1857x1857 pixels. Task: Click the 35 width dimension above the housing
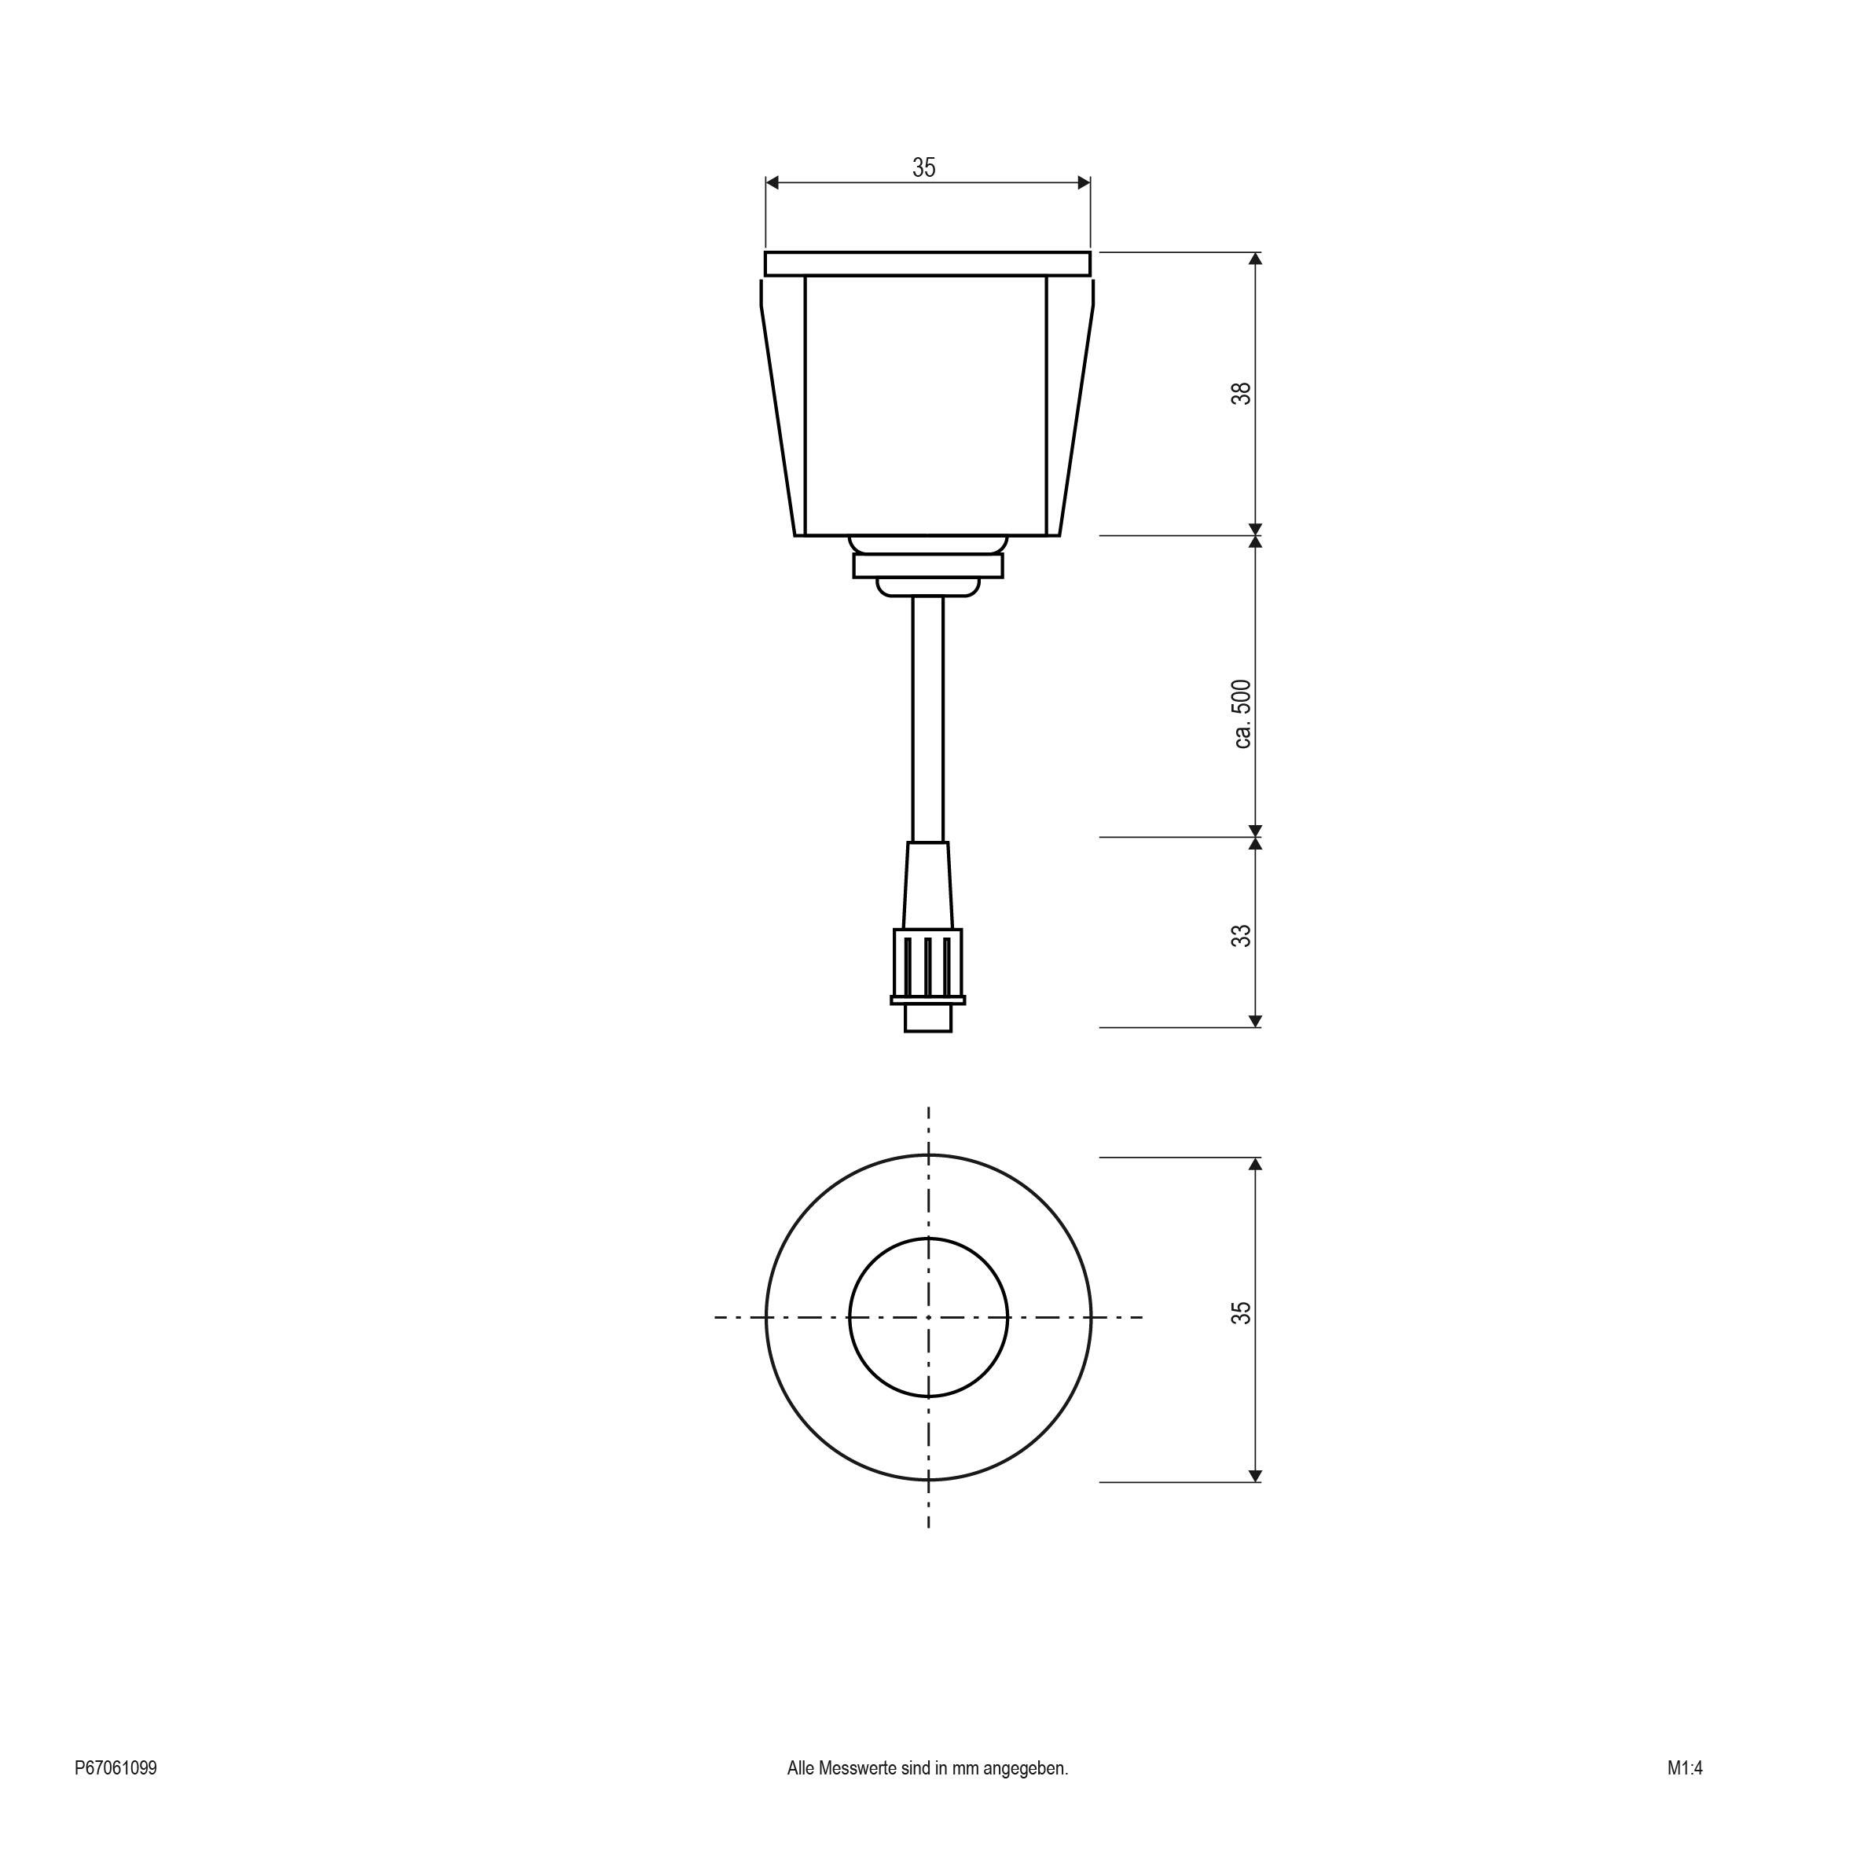click(923, 167)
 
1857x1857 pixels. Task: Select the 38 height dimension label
click(1242, 393)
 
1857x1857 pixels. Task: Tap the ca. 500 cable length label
click(1242, 714)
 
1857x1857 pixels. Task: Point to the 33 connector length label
click(1242, 935)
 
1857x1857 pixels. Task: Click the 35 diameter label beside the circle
click(1242, 1313)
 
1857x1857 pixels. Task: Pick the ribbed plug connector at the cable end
click(927, 965)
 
